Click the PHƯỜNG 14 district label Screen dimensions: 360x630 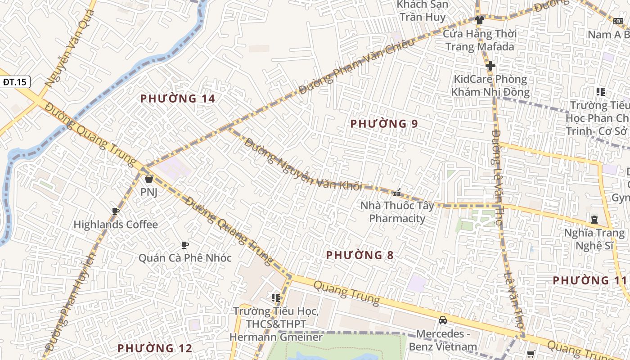pos(177,99)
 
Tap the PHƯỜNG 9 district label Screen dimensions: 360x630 pos(384,124)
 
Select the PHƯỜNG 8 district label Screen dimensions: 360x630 pos(360,255)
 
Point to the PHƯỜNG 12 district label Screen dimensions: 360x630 pos(155,348)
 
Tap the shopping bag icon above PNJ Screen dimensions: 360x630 pos(149,179)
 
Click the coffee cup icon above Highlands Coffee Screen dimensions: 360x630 pos(116,211)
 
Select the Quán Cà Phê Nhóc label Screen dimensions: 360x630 pos(184,258)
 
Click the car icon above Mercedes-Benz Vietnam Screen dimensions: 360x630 pos(443,320)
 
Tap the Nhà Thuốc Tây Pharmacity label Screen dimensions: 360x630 pos(397,212)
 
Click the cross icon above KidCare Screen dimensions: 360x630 pos(490,66)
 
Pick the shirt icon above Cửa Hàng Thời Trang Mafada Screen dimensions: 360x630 pos(479,20)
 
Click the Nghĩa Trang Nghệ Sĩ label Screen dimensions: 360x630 pos(594,239)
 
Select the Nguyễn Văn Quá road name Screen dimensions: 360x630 pos(70,48)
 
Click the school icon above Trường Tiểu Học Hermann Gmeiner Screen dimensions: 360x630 pos(276,297)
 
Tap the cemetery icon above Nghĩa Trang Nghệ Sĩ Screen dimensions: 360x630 pos(594,220)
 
